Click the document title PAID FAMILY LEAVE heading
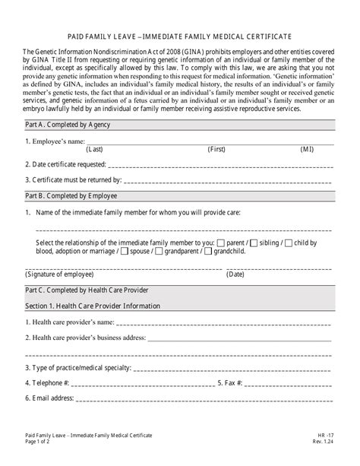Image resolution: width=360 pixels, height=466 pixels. pyautogui.click(x=180, y=36)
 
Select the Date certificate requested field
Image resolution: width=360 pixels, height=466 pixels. pyautogui.click(x=220, y=163)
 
